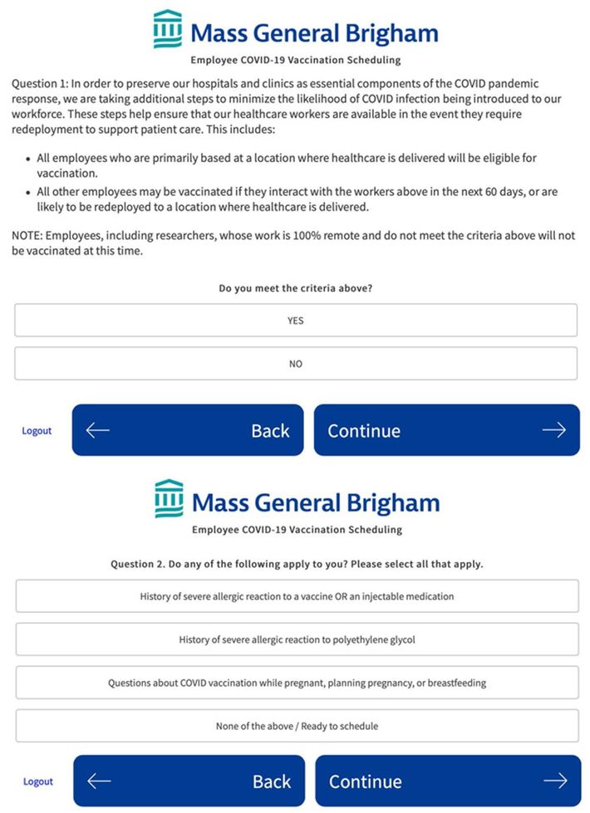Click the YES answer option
(295, 321)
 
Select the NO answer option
(295, 364)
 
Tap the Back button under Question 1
(188, 430)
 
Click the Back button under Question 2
(189, 781)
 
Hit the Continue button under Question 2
(447, 781)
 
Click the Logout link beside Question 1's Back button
(37, 431)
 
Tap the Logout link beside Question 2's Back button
(38, 781)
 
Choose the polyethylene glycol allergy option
(297, 639)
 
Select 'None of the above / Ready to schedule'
(297, 726)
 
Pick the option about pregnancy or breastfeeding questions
(297, 683)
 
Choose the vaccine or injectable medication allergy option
(297, 596)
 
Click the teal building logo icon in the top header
(168, 29)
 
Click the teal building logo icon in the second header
(169, 498)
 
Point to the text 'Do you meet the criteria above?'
(295, 288)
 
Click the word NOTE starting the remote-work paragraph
(27, 236)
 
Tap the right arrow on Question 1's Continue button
(553, 430)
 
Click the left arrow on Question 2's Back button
(99, 781)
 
